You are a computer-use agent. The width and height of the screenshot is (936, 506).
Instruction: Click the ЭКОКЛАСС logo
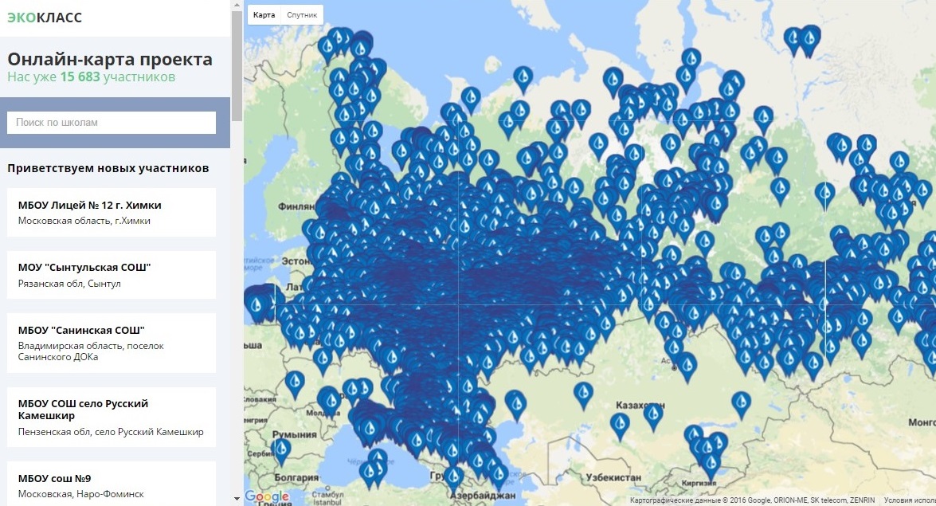tap(45, 18)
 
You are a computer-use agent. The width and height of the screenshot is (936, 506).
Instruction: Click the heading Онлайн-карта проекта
tap(110, 60)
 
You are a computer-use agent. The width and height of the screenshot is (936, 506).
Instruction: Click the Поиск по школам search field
tap(112, 123)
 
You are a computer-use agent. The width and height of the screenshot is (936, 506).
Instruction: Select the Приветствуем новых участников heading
tap(108, 168)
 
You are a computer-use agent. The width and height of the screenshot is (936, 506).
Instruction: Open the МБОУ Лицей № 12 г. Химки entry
tap(112, 212)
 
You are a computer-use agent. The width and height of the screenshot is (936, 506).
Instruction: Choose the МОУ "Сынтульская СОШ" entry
tap(112, 274)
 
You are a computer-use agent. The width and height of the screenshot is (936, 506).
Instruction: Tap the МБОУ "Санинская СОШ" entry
tap(112, 343)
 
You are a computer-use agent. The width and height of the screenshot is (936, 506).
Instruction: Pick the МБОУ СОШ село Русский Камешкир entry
tap(112, 417)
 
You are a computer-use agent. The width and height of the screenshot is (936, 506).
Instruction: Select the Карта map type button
tap(264, 15)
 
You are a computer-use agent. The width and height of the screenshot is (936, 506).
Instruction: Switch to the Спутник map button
tap(302, 15)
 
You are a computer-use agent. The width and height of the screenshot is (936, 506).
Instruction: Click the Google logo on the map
tap(266, 496)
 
